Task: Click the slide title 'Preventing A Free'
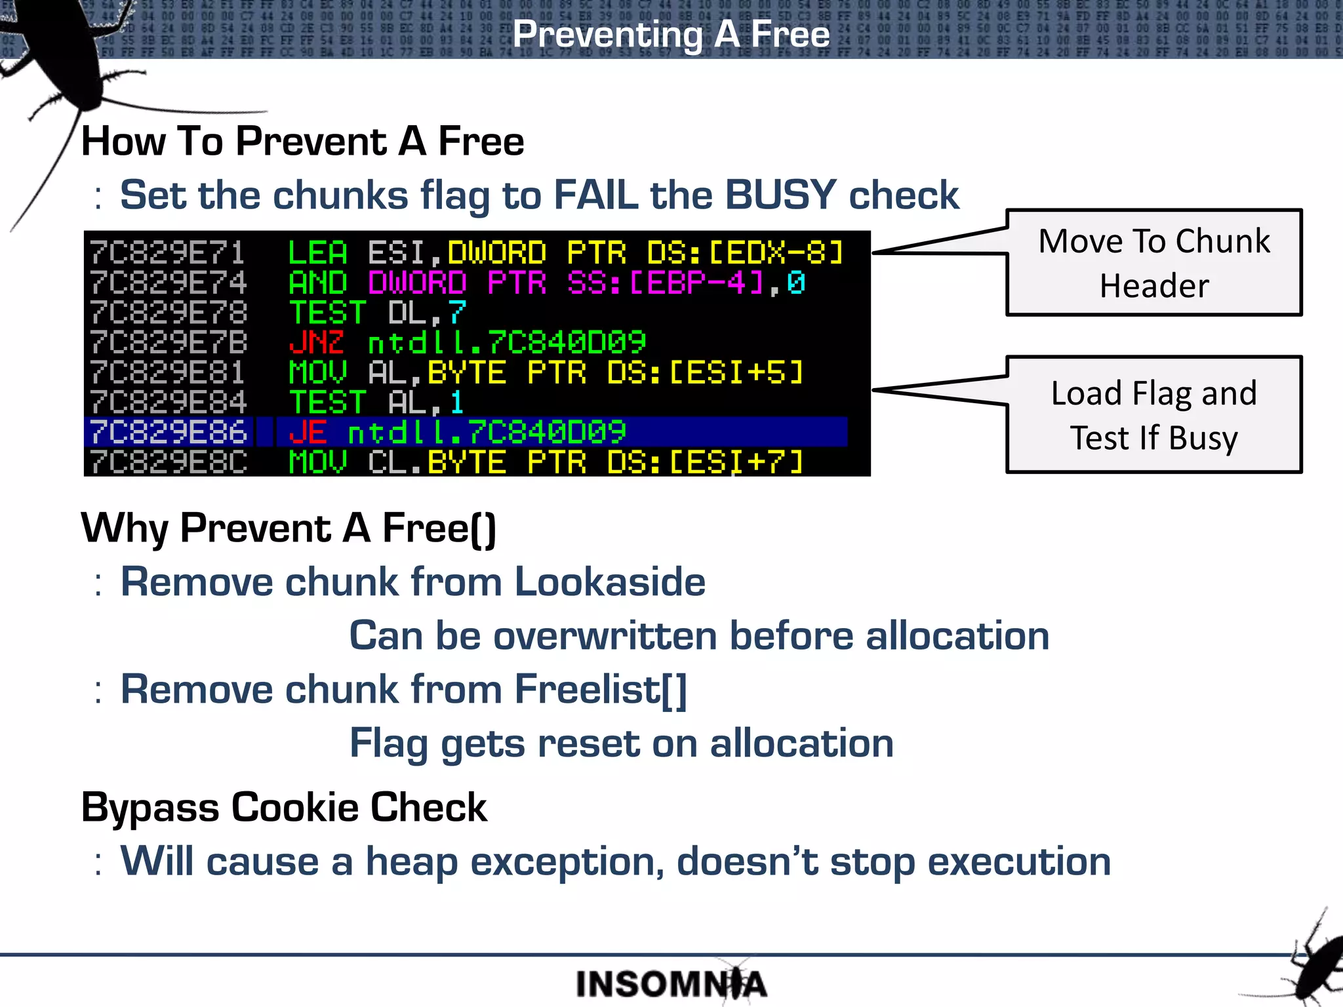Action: point(671,34)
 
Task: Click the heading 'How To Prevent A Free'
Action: point(302,142)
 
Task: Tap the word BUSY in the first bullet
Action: point(780,195)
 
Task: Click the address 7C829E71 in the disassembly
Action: point(168,253)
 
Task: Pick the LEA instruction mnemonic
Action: point(317,253)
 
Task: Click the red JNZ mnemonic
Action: point(316,342)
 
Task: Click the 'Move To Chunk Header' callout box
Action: point(1153,263)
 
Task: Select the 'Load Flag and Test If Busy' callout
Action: point(1153,415)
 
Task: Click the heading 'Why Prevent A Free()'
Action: point(289,528)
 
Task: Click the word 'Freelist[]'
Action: point(600,690)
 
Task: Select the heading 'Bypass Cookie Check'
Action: point(284,807)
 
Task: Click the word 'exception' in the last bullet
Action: point(567,861)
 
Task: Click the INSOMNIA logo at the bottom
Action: point(671,984)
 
